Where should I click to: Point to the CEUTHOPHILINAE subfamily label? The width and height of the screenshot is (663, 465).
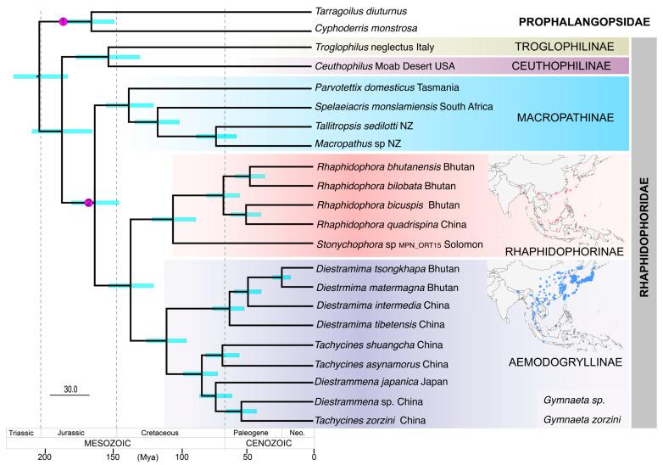click(576, 66)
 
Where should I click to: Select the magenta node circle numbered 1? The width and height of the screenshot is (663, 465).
click(63, 21)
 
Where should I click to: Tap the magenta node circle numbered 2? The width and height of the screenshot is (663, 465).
click(88, 202)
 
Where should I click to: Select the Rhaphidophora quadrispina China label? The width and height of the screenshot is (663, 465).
click(380, 225)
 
